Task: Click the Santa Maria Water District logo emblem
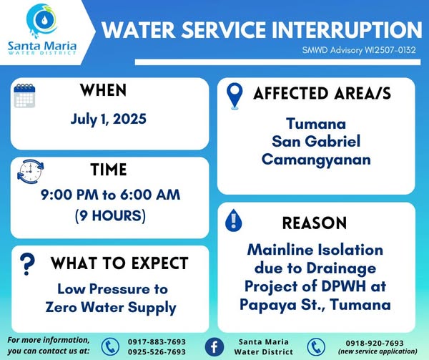(42, 20)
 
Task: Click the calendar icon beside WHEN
(24, 96)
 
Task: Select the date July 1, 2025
(109, 120)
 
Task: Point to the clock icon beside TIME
(30, 171)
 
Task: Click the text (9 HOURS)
(110, 215)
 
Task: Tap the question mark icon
(27, 264)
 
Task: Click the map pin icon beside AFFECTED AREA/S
(235, 96)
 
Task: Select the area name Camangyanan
(316, 160)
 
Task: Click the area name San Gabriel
(316, 141)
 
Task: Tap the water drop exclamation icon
(233, 220)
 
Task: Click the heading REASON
(315, 223)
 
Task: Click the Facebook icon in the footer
(214, 346)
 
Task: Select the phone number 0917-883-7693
(157, 342)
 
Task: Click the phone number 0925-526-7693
(157, 351)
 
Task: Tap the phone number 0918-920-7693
(375, 343)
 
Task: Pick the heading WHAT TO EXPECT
(119, 263)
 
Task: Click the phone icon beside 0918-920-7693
(316, 347)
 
